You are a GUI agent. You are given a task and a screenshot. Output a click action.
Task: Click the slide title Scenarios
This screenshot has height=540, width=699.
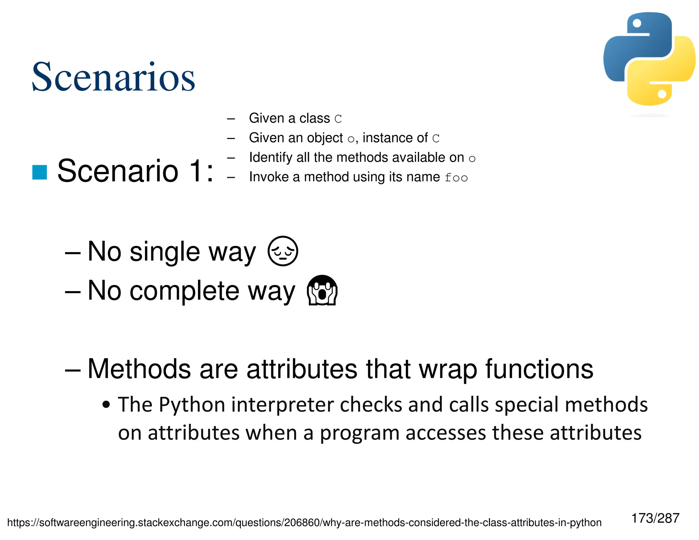tap(113, 77)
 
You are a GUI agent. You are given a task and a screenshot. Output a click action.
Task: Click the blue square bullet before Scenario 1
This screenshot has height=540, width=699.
tap(40, 172)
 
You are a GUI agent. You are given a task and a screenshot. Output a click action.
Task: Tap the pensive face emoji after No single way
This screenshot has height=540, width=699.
tap(283, 251)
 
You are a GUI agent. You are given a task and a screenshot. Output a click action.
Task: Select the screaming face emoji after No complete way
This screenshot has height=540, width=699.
tap(322, 290)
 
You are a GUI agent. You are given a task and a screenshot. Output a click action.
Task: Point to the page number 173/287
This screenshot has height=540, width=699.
tap(655, 518)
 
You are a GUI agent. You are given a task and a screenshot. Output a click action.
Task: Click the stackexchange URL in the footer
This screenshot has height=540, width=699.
tap(304, 523)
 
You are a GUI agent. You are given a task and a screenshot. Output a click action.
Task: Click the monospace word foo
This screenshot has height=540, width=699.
tap(456, 178)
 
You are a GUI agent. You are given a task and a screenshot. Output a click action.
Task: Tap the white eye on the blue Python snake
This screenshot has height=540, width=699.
tap(637, 23)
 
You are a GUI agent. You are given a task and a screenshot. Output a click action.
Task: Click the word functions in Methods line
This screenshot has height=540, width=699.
tap(539, 369)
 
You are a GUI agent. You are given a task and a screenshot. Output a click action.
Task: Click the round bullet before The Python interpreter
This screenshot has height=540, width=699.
tap(106, 405)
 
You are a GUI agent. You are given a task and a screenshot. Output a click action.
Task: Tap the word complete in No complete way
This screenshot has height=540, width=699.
tap(184, 291)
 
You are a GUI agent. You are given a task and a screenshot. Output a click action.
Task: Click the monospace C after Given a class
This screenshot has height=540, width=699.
tap(338, 119)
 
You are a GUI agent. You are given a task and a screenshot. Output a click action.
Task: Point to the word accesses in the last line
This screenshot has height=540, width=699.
tap(446, 433)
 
